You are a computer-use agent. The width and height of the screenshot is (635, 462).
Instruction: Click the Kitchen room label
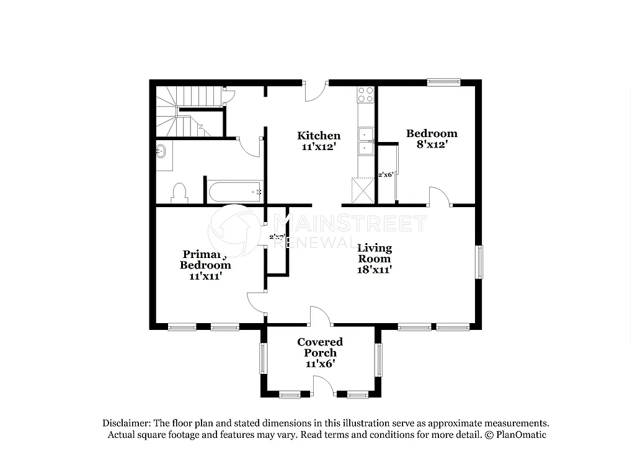click(x=319, y=136)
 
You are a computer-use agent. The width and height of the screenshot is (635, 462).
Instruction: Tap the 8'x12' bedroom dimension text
click(x=432, y=144)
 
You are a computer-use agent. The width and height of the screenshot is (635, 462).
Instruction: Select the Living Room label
click(x=375, y=254)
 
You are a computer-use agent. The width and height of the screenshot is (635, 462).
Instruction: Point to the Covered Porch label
click(x=320, y=347)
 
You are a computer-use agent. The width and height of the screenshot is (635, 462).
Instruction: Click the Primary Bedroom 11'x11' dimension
click(x=205, y=276)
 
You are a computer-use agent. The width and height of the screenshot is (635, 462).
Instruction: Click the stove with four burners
click(x=365, y=94)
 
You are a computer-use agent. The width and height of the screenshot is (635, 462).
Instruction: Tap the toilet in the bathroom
click(x=179, y=192)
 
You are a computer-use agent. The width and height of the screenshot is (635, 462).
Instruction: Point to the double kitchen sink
click(x=365, y=141)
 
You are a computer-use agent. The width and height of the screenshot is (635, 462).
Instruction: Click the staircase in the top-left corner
click(x=183, y=112)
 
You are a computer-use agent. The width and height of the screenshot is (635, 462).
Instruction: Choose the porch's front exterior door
click(x=323, y=386)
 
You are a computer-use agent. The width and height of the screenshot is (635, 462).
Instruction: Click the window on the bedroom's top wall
click(x=443, y=81)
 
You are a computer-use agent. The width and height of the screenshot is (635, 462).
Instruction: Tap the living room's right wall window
click(x=479, y=262)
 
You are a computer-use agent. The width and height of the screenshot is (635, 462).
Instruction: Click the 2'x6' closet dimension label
click(x=386, y=175)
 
